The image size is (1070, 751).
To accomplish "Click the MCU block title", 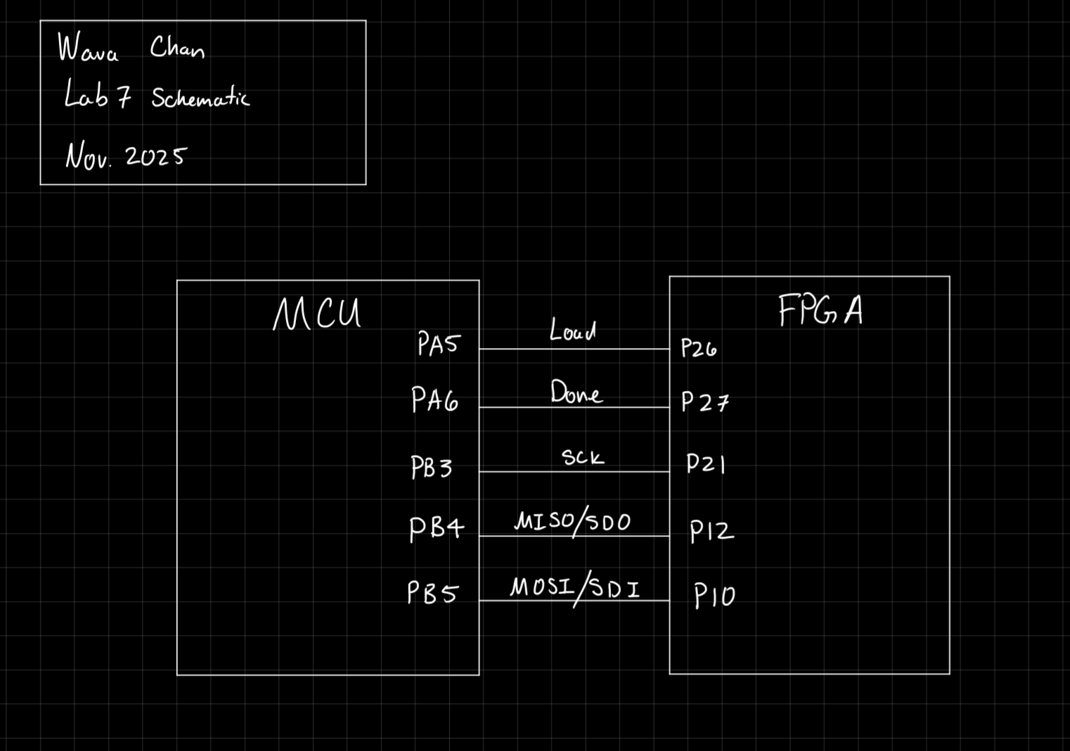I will tap(317, 314).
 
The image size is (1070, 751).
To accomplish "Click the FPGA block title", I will tap(820, 310).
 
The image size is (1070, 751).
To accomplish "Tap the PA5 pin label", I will tap(438, 344).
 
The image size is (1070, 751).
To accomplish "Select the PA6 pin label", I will tap(434, 400).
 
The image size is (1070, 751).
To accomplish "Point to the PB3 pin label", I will tap(431, 468).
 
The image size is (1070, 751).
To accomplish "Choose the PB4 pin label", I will tap(437, 529).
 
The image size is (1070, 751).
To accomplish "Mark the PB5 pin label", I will tap(432, 593).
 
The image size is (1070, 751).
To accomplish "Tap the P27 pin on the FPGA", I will tap(704, 402).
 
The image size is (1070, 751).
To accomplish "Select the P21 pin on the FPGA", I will tap(705, 464).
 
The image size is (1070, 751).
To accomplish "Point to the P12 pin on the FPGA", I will tap(711, 531).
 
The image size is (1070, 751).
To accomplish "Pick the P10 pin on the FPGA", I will tap(714, 596).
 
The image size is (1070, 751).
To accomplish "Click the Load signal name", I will tap(572, 330).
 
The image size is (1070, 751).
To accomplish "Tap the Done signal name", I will tap(576, 392).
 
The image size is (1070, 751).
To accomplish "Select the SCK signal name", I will tap(582, 457).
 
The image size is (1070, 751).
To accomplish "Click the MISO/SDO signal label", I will tap(573, 522).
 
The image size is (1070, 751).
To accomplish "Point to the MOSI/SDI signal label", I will tap(575, 587).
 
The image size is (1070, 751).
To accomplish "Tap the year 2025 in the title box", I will tap(155, 156).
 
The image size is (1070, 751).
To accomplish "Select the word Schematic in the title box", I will tap(200, 98).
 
